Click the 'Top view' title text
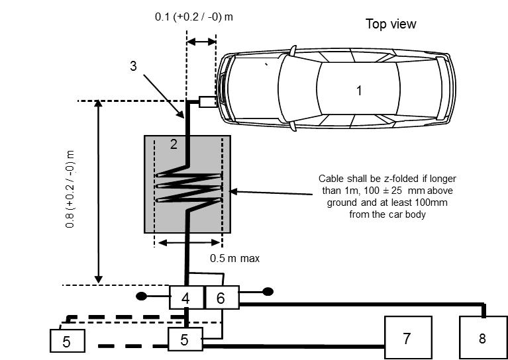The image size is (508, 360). pos(391,24)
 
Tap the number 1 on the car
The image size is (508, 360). pos(359,91)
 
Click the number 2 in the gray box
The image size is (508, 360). pos(173,144)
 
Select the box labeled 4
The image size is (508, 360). pos(185,298)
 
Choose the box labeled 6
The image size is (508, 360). pos(221,298)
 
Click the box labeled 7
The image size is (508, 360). pos(408,337)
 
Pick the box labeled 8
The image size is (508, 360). pos(482,337)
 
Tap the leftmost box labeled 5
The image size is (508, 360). pos(66,341)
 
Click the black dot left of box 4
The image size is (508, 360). pos(141,296)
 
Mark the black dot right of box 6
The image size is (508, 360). pos(268,291)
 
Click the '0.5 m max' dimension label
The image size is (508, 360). pos(234,259)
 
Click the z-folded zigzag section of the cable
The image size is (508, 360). pos(188,188)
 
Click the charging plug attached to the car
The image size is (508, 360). pos(207,102)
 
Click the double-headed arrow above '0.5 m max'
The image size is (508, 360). pos(188,243)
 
